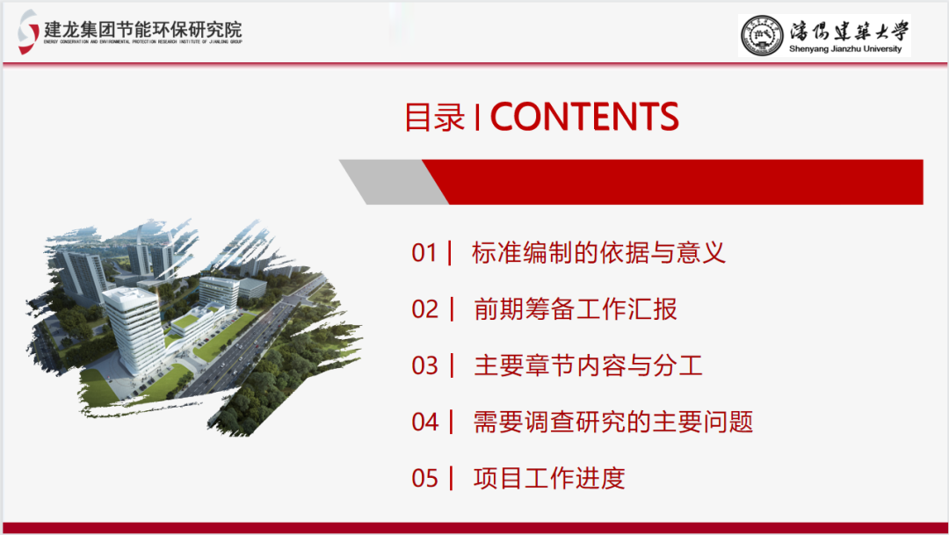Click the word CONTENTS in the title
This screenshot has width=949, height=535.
point(584,117)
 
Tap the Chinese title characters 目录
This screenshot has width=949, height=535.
point(434,118)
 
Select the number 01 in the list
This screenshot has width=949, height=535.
point(424,253)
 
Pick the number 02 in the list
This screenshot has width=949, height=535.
point(424,309)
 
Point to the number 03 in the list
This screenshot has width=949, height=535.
point(424,365)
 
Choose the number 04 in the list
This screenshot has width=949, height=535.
point(424,422)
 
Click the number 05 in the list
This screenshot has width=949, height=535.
point(424,478)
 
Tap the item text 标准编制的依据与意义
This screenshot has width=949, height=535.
point(598,253)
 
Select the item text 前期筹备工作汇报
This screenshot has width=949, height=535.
point(575,309)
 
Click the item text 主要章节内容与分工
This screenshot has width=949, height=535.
point(587,365)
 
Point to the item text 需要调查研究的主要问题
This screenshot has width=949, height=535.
point(612,422)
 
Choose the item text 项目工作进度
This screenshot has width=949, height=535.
point(549,478)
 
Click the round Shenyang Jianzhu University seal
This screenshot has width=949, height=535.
point(761,35)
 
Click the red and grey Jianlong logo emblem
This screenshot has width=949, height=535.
point(28,32)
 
